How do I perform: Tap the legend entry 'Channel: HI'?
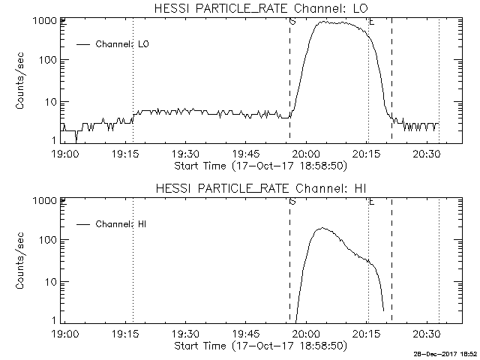coord(115,223)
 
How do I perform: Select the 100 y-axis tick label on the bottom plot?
coord(48,240)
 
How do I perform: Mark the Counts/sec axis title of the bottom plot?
coord(22,262)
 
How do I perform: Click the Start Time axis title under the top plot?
coord(259,165)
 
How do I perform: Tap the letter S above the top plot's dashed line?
coord(292,22)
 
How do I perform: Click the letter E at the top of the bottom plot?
coord(371,202)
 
